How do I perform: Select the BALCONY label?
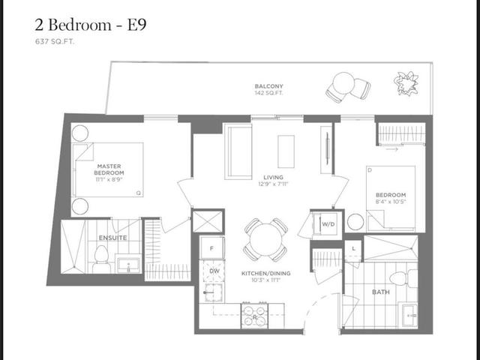(x=268, y=86)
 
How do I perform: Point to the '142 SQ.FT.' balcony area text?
(x=268, y=95)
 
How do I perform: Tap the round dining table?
(x=265, y=241)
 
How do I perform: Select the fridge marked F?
(x=212, y=247)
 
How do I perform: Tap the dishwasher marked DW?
(x=212, y=271)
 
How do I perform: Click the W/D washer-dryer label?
(x=328, y=224)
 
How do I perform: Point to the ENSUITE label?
(x=112, y=238)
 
